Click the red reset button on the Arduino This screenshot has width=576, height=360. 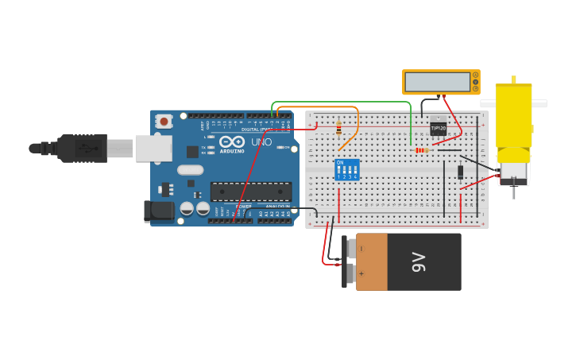164,122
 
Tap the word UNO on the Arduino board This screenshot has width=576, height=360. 261,142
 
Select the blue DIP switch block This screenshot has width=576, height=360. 347,169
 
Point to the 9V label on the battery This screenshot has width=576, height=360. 419,261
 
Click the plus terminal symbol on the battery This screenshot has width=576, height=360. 361,273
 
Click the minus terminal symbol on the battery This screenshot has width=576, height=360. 361,249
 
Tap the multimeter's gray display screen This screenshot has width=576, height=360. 435,82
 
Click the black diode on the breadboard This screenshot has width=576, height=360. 461,172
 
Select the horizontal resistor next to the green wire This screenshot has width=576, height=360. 421,149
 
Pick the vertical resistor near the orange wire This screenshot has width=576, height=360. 339,127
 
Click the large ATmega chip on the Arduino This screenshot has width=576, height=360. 250,192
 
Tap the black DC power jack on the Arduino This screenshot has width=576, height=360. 158,211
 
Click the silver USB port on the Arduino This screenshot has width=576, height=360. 153,148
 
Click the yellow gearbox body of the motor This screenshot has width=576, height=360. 513,115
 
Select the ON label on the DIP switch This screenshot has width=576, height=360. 341,162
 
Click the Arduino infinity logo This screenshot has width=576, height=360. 233,141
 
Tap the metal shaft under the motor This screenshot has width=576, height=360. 514,191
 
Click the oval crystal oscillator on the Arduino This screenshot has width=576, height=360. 191,169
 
